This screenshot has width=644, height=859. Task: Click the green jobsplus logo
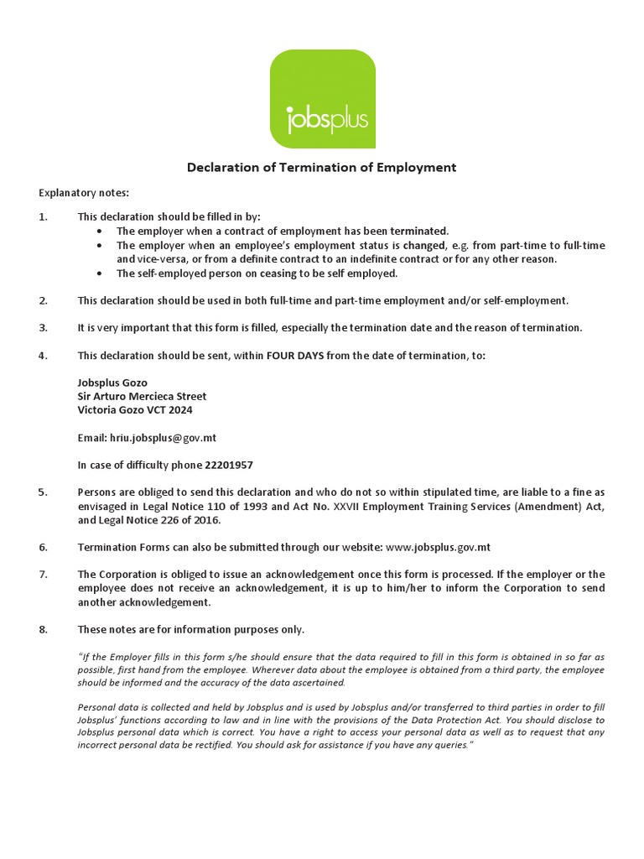coord(322,98)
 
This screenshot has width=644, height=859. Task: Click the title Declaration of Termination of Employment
coord(321,167)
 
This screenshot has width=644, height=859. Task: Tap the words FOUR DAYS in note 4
coord(295,356)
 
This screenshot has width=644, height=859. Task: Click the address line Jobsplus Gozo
coord(112,383)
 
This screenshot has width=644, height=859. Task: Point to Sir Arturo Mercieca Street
coord(142,396)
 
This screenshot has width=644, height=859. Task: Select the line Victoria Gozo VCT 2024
coord(135,410)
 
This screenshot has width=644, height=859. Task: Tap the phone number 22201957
coord(229,465)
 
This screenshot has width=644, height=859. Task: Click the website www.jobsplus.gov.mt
coord(438,547)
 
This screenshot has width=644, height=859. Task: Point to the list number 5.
coord(44,492)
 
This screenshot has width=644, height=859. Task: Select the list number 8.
coord(44,629)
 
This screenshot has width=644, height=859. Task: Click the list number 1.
coord(44,216)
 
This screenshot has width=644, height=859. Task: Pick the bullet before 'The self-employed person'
coord(100,273)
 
